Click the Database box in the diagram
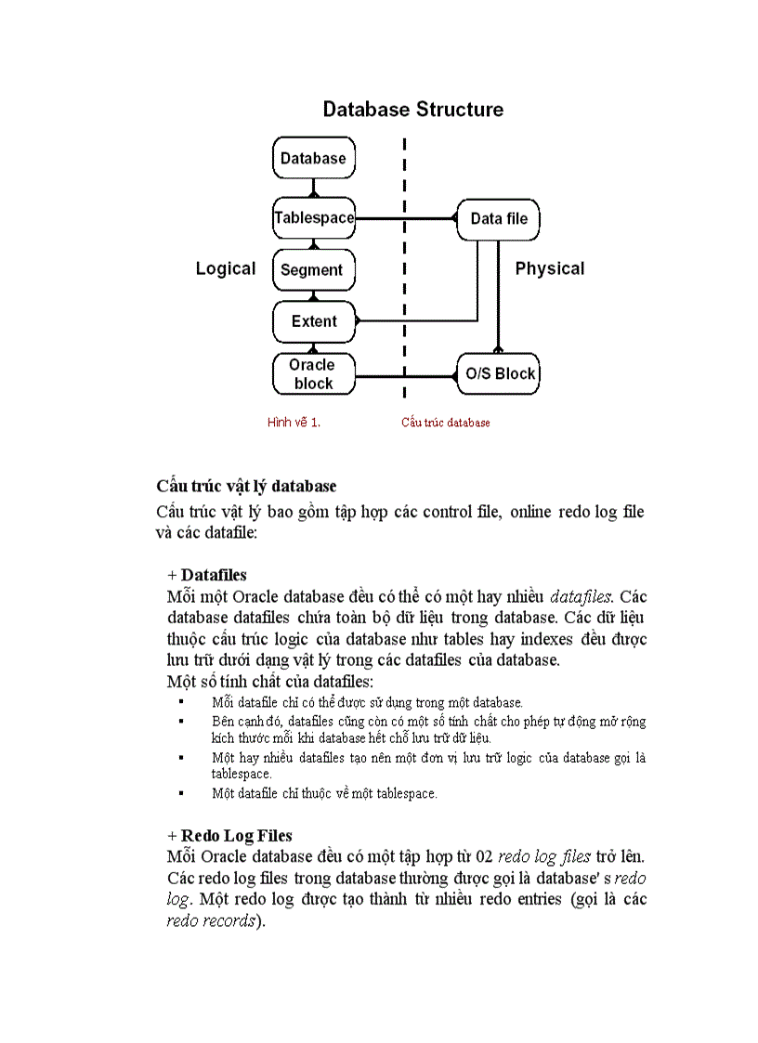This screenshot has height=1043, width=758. tap(313, 158)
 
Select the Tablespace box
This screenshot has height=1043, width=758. tap(314, 218)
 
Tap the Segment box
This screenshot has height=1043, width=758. tap(313, 270)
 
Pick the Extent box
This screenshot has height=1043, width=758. tap(314, 321)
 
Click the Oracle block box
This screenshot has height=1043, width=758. tap(313, 373)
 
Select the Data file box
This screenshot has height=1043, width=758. tap(499, 219)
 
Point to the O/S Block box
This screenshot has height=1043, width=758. tap(499, 373)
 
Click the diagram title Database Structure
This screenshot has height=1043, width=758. tap(412, 110)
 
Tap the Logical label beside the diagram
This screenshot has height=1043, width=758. tap(225, 268)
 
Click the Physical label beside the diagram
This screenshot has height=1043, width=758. tap(550, 268)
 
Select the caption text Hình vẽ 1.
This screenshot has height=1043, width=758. tap(294, 423)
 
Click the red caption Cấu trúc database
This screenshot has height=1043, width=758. tap(445, 423)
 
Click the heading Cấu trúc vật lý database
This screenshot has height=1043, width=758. tap(246, 486)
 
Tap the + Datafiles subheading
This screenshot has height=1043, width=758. tap(207, 575)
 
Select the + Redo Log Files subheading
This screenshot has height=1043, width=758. tap(229, 836)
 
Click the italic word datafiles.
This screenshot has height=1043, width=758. tap(582, 596)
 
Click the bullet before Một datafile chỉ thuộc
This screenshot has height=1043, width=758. tap(182, 792)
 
